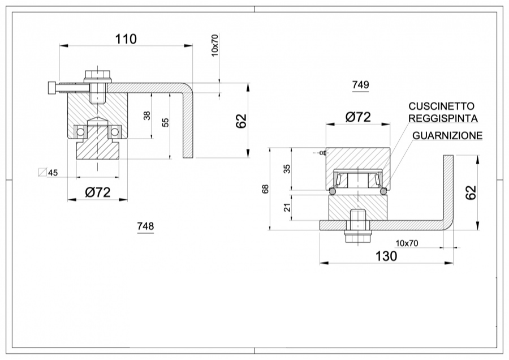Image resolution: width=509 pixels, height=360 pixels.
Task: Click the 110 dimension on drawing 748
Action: point(126,39)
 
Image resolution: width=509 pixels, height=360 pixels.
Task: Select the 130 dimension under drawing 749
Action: point(386,255)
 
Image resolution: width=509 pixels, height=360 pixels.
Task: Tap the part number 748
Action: point(145,226)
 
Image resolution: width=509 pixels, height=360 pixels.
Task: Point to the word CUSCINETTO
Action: point(442,106)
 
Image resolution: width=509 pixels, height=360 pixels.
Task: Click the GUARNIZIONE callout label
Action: point(447,135)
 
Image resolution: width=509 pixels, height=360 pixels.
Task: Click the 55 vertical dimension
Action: point(165,122)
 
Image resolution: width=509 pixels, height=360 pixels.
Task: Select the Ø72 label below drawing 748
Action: point(97,192)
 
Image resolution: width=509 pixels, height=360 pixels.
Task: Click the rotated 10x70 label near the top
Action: point(215,45)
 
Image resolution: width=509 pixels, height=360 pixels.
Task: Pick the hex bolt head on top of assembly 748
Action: point(97,76)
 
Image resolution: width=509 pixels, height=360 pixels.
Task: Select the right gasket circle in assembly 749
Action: point(383,192)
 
